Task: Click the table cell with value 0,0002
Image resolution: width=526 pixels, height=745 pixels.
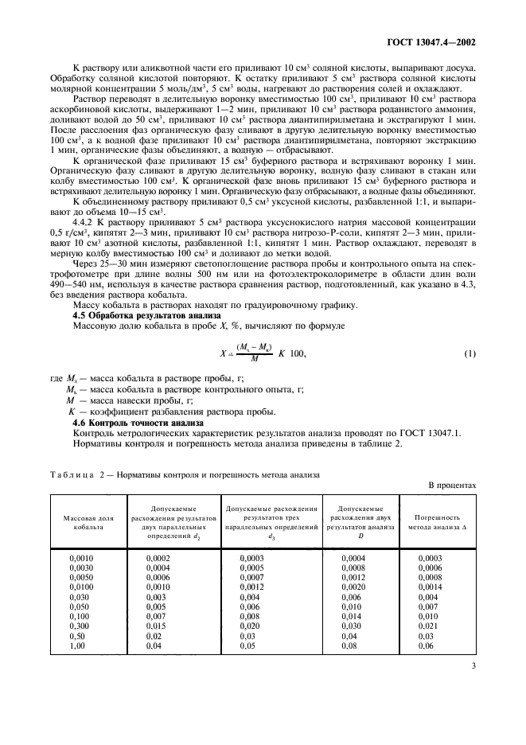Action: [x=158, y=559]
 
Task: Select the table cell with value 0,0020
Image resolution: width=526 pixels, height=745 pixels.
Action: [x=353, y=587]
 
